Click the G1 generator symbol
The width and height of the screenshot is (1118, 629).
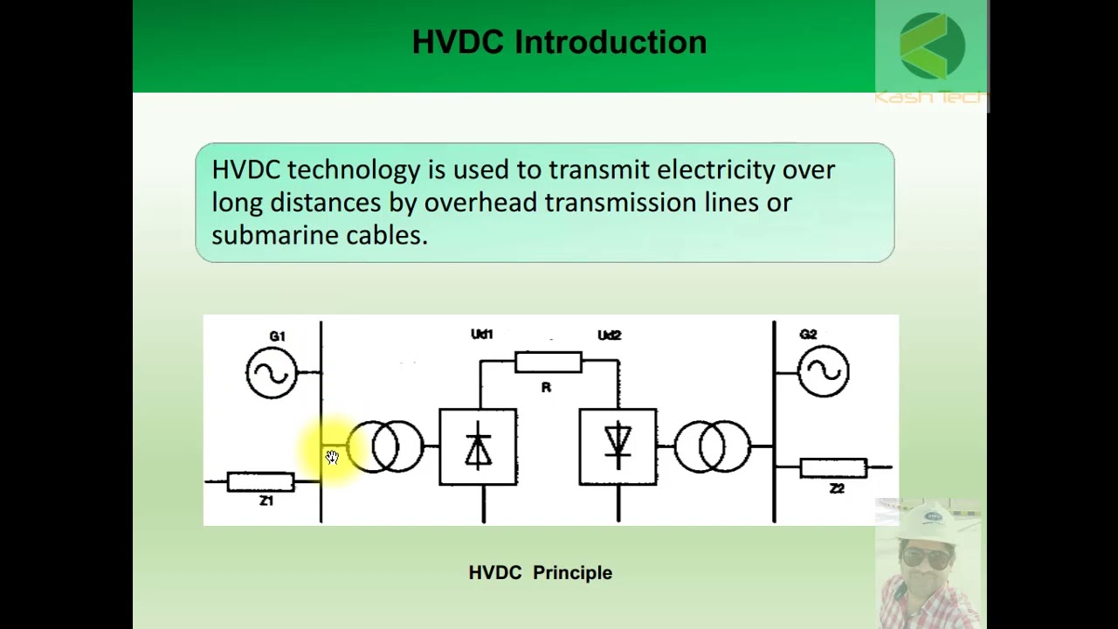(272, 373)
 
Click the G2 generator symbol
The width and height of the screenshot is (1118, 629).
(824, 371)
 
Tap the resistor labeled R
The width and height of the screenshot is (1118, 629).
(548, 362)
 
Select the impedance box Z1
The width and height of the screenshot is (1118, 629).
(260, 481)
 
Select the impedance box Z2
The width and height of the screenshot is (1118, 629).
(833, 468)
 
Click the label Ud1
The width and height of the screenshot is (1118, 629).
(481, 335)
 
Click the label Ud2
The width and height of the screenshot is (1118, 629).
(609, 335)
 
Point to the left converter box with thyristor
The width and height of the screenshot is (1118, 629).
(478, 446)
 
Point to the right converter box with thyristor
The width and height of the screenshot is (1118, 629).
(618, 446)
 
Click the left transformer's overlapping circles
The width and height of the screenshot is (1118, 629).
(385, 446)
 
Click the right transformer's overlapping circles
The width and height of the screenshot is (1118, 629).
(712, 446)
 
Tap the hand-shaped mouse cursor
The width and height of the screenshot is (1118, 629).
(332, 457)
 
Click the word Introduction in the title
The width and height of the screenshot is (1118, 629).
(611, 42)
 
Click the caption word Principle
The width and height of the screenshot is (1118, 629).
(572, 573)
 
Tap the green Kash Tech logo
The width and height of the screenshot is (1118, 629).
(932, 45)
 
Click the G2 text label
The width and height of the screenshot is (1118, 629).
(808, 335)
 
